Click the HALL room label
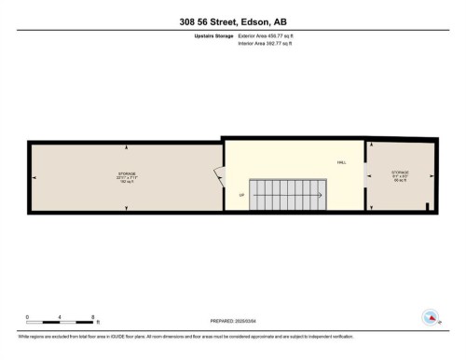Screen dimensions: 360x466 [342, 162]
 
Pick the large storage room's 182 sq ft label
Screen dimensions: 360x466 [127, 181]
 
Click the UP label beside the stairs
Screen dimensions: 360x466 [242, 195]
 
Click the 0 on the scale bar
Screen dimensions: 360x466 [28, 318]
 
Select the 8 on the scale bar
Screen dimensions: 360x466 [94, 318]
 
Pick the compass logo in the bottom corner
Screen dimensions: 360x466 [430, 317]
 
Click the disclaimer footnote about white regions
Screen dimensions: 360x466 [167, 335]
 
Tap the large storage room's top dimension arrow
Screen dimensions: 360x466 [127, 148]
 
